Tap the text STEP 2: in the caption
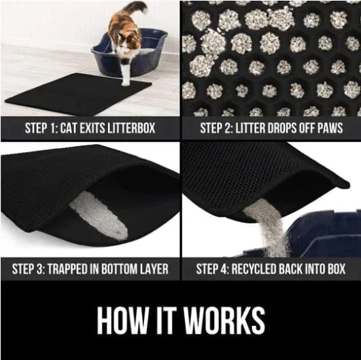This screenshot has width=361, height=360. click(217, 127)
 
